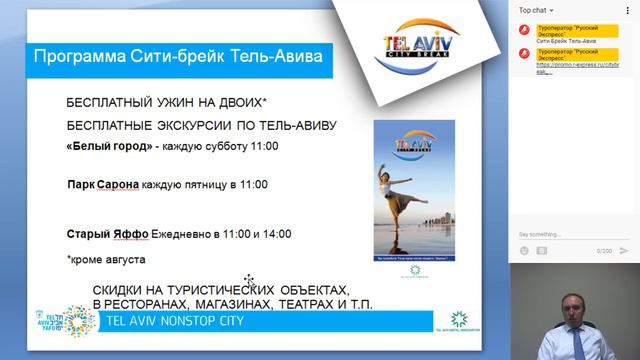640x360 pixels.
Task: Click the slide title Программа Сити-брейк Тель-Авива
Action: click(178, 55)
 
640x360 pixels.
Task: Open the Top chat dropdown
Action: click(538, 9)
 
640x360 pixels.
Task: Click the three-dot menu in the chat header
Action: click(628, 9)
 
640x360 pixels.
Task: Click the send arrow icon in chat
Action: click(625, 250)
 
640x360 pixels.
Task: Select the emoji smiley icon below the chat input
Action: click(523, 250)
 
